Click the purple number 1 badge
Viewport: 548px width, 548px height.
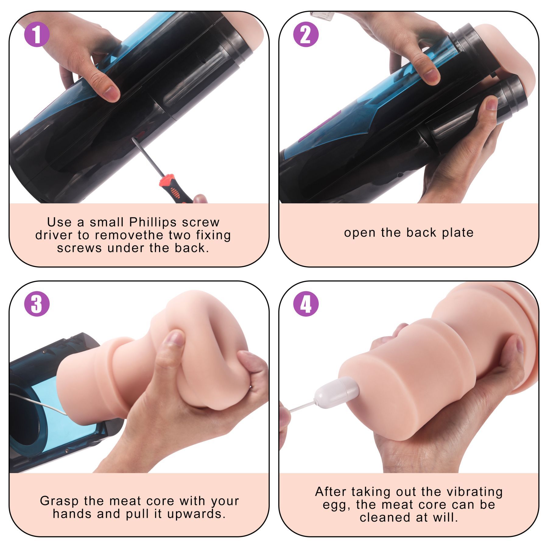[x=37, y=34]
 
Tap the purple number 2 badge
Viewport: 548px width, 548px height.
[x=306, y=34]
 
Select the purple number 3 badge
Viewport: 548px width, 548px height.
[x=37, y=304]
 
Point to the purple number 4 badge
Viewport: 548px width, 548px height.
[x=306, y=304]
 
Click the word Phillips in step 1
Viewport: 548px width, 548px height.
[x=153, y=223]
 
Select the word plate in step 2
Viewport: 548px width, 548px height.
[x=458, y=233]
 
